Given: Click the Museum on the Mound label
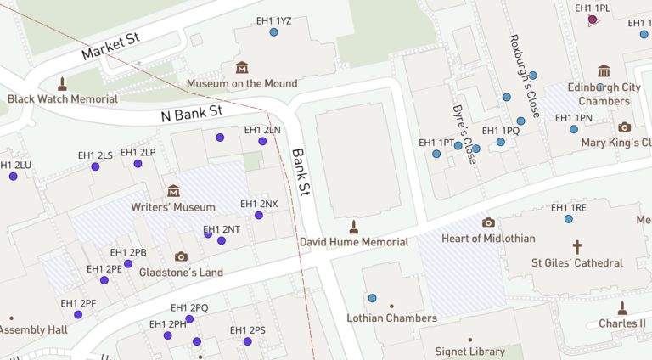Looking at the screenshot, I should (x=242, y=83).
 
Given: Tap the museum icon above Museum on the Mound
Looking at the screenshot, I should (x=242, y=67).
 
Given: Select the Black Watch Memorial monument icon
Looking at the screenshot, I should (x=62, y=83).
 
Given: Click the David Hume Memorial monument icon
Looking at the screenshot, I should (x=354, y=227).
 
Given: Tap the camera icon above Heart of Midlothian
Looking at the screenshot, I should (x=488, y=222).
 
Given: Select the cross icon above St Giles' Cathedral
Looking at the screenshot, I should (x=577, y=247).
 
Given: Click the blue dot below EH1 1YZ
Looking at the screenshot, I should (x=274, y=33).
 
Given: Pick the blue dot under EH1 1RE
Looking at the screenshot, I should (x=569, y=219).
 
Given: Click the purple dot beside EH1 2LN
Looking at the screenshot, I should (x=263, y=141).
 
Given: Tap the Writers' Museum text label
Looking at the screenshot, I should (x=173, y=206).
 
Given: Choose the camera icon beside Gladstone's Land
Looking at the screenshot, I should (x=181, y=256).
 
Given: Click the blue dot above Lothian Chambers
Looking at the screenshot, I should (x=372, y=298).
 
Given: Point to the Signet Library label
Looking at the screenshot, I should (x=469, y=352).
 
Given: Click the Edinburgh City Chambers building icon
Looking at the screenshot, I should (x=604, y=70).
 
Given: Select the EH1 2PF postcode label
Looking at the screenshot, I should (x=78, y=303).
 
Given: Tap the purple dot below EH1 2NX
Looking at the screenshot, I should (x=259, y=215).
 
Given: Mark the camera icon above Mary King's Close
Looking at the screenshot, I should (x=625, y=127).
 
